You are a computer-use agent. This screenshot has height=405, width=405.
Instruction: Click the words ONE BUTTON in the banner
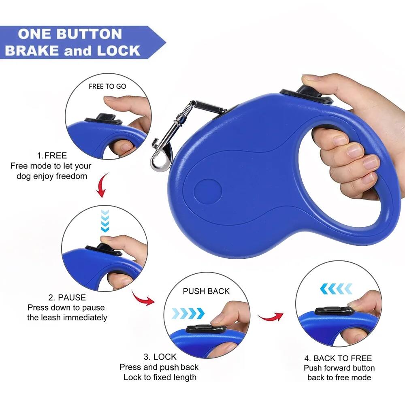point(70,34)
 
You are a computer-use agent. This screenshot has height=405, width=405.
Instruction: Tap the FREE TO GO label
point(107,86)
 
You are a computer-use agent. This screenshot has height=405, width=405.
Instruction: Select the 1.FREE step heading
point(52,156)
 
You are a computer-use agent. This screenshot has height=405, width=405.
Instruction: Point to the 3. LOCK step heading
point(160,357)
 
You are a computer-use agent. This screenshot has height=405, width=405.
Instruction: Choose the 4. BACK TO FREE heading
point(338,358)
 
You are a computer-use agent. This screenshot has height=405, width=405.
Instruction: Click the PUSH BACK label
point(206,291)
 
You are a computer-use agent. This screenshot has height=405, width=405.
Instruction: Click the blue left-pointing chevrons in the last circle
point(336,288)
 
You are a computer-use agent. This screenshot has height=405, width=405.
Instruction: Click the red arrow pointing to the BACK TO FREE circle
point(271,316)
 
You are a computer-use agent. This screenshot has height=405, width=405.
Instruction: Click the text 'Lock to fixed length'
point(160,377)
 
